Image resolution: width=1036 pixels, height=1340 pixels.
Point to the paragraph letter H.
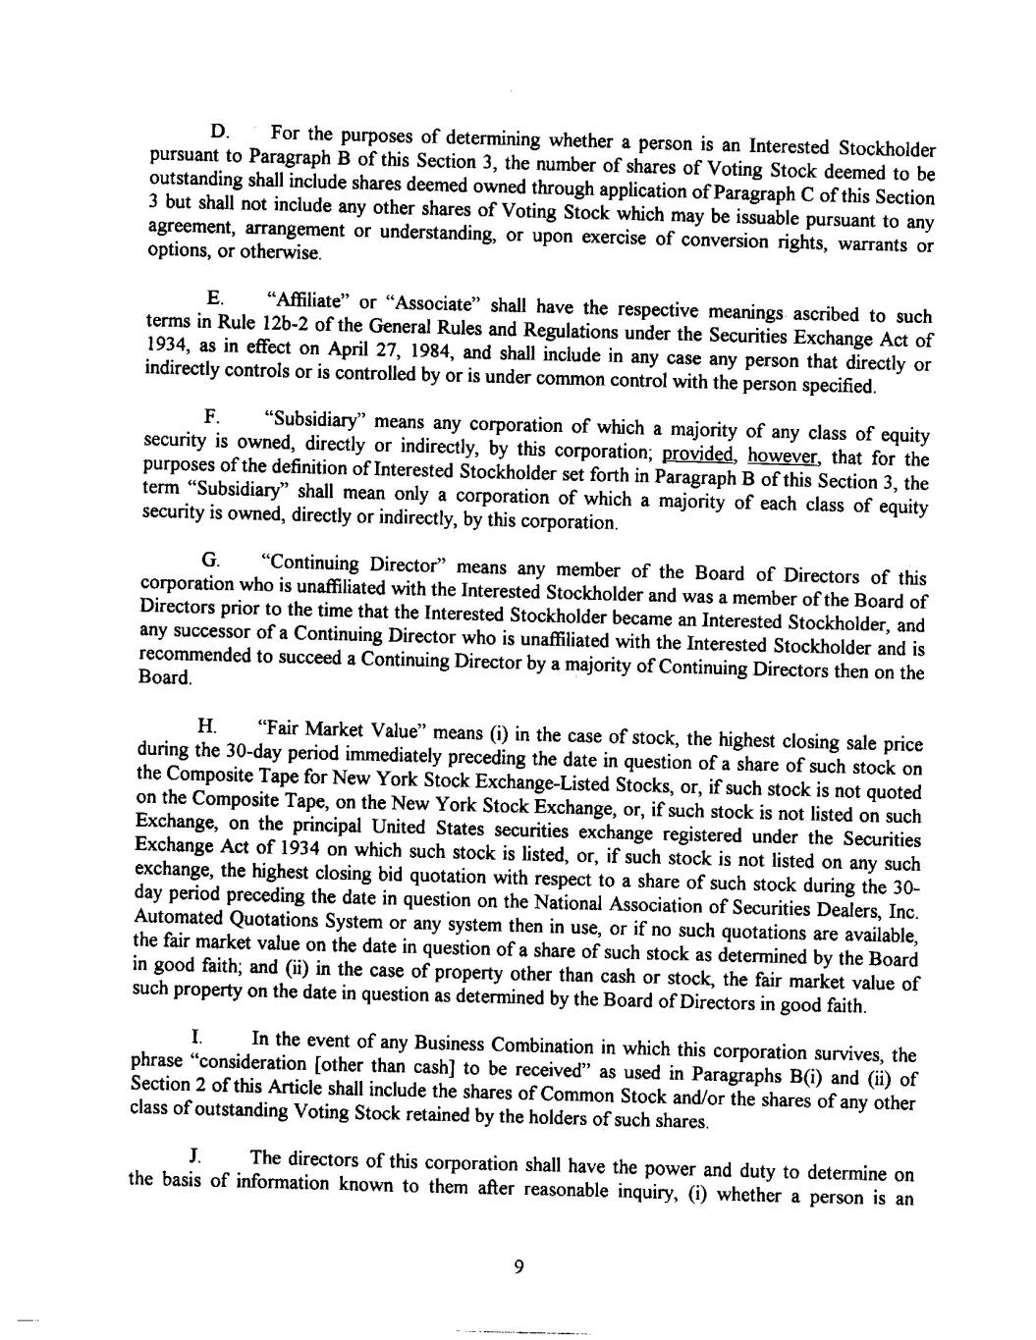[x=206, y=726]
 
